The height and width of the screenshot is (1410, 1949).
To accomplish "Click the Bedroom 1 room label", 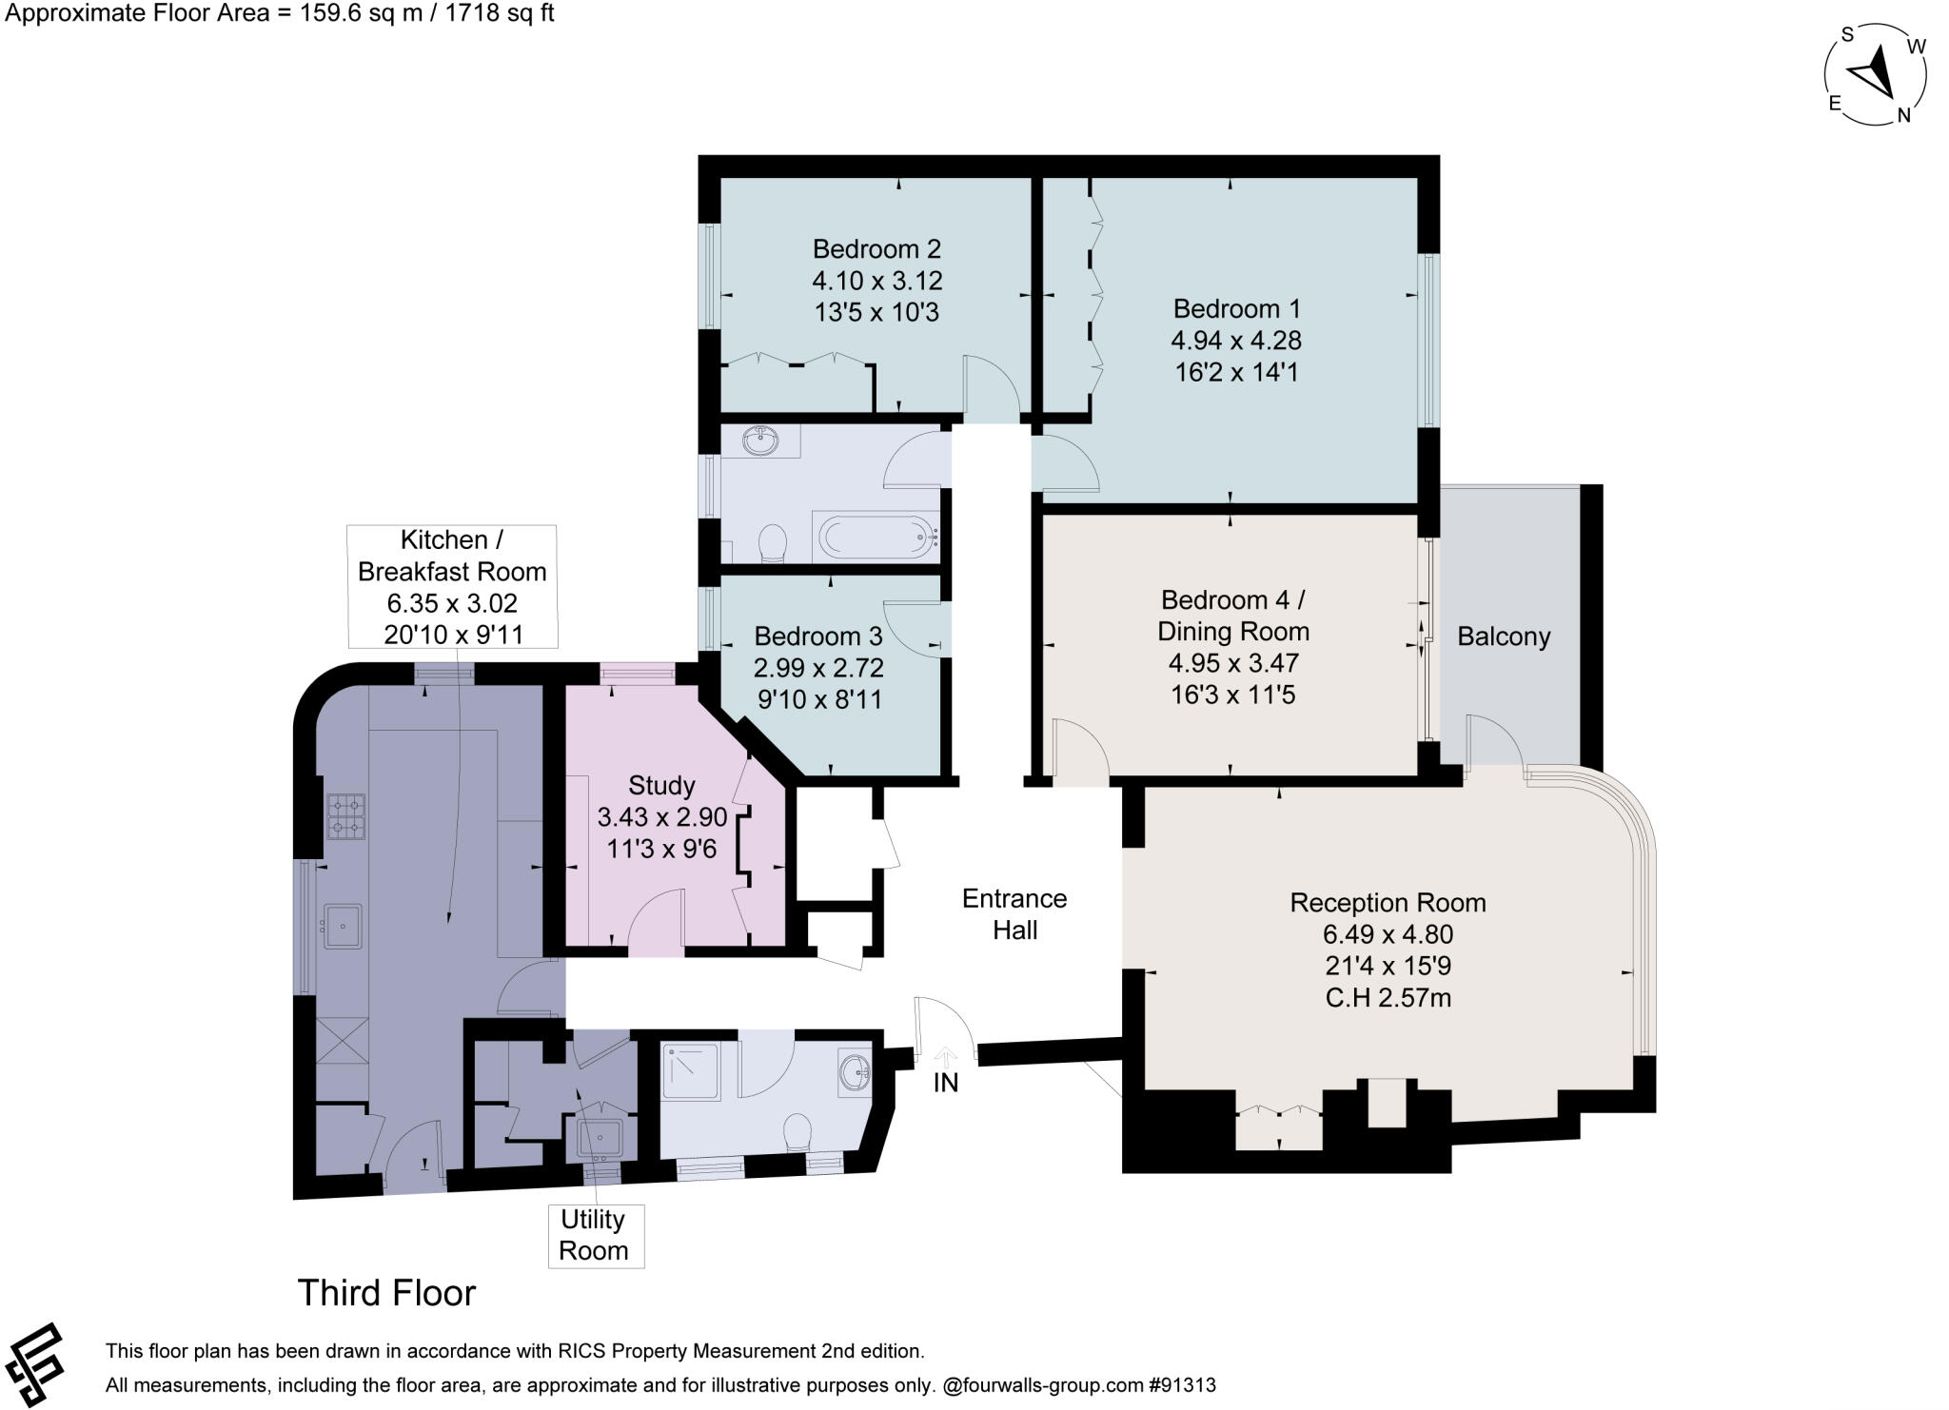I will pos(1236,308).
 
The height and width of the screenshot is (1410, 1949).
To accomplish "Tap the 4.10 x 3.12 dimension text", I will pos(876,281).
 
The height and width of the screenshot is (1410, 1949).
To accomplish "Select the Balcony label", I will pos(1504,636).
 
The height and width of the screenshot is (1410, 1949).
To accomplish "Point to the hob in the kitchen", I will pos(346,817).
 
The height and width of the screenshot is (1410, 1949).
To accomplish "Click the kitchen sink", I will pos(343,926).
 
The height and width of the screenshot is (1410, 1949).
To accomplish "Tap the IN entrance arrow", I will pos(946,1056).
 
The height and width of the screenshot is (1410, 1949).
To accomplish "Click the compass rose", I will pos(1876,75).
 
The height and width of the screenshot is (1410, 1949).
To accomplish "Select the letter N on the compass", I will pos(1903,116).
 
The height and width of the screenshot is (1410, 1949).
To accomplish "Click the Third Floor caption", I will pos(386,1293).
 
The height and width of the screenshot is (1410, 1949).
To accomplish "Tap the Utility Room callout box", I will pos(594,1235).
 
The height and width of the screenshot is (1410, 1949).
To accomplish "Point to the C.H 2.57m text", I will pos(1388,998).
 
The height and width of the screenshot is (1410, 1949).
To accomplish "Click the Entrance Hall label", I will pos(1014,914).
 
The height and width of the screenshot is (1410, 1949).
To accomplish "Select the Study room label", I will pos(661,786).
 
